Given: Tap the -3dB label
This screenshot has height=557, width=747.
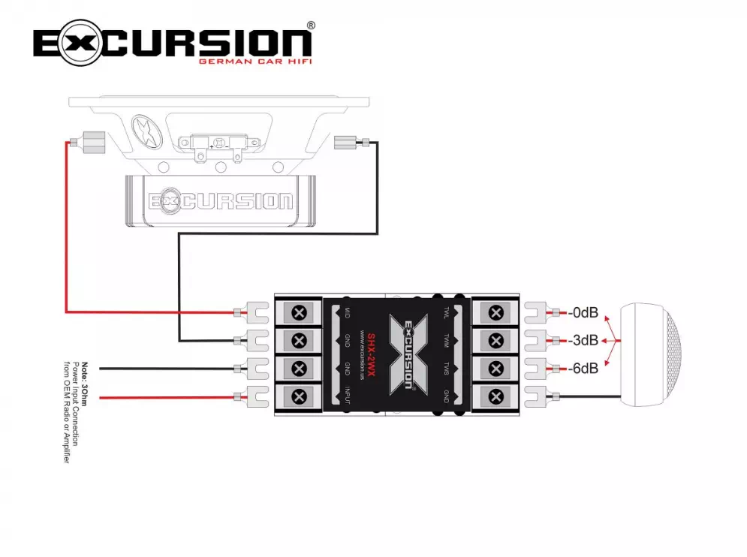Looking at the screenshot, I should point(583,340).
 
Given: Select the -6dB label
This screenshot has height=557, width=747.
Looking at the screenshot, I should point(583,369).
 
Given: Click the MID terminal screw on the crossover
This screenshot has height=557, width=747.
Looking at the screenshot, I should point(300,312).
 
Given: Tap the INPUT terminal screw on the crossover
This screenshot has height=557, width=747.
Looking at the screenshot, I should point(300,396).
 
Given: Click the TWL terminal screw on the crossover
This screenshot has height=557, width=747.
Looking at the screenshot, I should point(495,312).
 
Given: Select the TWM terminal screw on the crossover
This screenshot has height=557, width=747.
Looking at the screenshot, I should point(495,340).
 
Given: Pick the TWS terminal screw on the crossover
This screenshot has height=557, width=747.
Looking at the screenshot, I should point(495,369).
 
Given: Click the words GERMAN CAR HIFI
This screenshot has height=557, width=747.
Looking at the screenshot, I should point(255,62).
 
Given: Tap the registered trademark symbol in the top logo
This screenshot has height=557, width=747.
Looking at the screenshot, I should point(311,26).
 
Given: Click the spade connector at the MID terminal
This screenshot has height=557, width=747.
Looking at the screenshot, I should point(255,312).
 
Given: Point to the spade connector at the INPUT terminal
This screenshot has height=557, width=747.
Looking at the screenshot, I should point(255,396).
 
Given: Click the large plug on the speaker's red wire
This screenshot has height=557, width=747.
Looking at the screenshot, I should point(94,141).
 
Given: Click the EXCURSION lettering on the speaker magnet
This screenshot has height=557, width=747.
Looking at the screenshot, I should point(221,201).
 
